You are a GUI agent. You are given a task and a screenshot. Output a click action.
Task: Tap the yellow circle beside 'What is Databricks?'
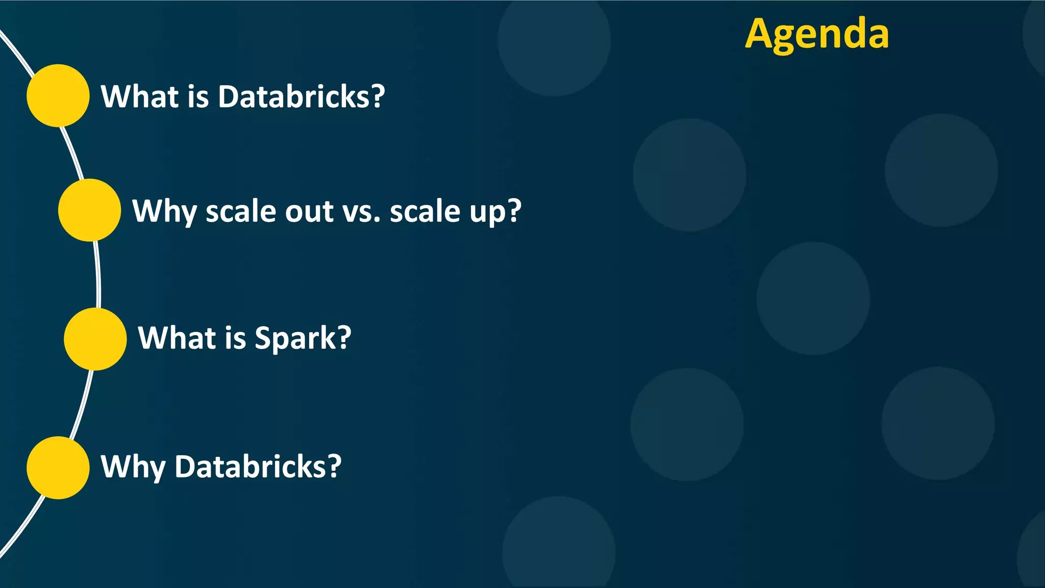58,95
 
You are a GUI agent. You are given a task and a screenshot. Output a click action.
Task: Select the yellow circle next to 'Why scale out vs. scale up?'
89,210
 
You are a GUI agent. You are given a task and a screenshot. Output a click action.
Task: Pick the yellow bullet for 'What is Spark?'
95,339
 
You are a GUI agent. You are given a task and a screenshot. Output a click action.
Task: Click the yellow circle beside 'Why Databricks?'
58,468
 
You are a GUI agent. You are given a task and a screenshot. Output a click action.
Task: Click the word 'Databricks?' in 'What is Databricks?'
301,96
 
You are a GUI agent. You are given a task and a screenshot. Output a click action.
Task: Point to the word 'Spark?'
303,338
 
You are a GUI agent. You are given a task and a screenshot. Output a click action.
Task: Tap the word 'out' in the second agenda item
309,211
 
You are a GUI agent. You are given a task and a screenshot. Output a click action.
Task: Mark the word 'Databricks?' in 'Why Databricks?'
258,467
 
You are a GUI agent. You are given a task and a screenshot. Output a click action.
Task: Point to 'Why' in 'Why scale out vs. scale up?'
164,211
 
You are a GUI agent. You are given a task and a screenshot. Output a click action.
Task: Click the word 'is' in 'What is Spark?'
235,338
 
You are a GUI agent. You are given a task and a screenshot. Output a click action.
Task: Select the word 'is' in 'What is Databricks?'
198,96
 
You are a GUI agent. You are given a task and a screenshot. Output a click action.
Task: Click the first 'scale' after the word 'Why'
241,211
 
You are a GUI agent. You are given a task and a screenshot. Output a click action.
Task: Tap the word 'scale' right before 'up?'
425,211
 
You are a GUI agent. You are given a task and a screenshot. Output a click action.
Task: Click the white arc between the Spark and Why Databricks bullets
82,403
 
